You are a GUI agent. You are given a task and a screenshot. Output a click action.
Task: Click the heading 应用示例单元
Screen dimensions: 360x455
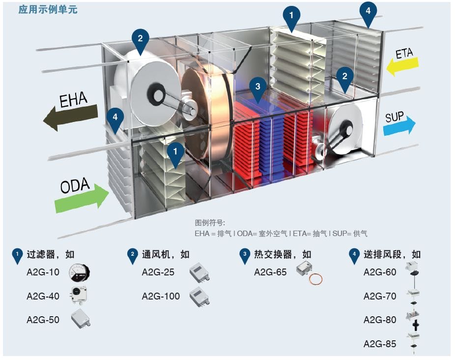point(48,9)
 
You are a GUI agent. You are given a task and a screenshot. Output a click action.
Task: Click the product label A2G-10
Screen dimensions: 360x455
point(43,272)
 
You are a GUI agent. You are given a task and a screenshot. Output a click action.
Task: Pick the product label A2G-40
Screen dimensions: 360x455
point(43,296)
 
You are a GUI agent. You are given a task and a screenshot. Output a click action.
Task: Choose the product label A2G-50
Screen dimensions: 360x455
point(43,320)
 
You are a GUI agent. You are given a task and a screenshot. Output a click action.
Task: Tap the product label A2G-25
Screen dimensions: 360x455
point(158,272)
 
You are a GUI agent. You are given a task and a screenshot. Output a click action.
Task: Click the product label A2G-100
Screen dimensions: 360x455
point(161,296)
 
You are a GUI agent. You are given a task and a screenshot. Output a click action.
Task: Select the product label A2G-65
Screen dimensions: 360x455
point(270,272)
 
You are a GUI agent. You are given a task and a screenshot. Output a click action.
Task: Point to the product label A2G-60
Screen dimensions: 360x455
point(380,272)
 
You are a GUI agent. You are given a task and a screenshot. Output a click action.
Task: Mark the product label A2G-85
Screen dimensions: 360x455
point(380,344)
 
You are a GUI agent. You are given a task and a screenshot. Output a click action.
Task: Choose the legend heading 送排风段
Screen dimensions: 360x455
point(382,254)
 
